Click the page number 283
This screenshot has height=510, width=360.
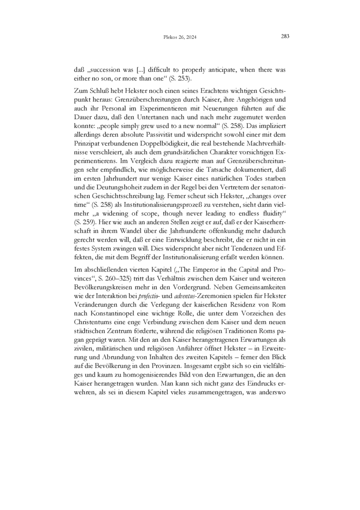(x=284, y=37)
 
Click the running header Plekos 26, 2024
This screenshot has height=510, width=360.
(x=180, y=37)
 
